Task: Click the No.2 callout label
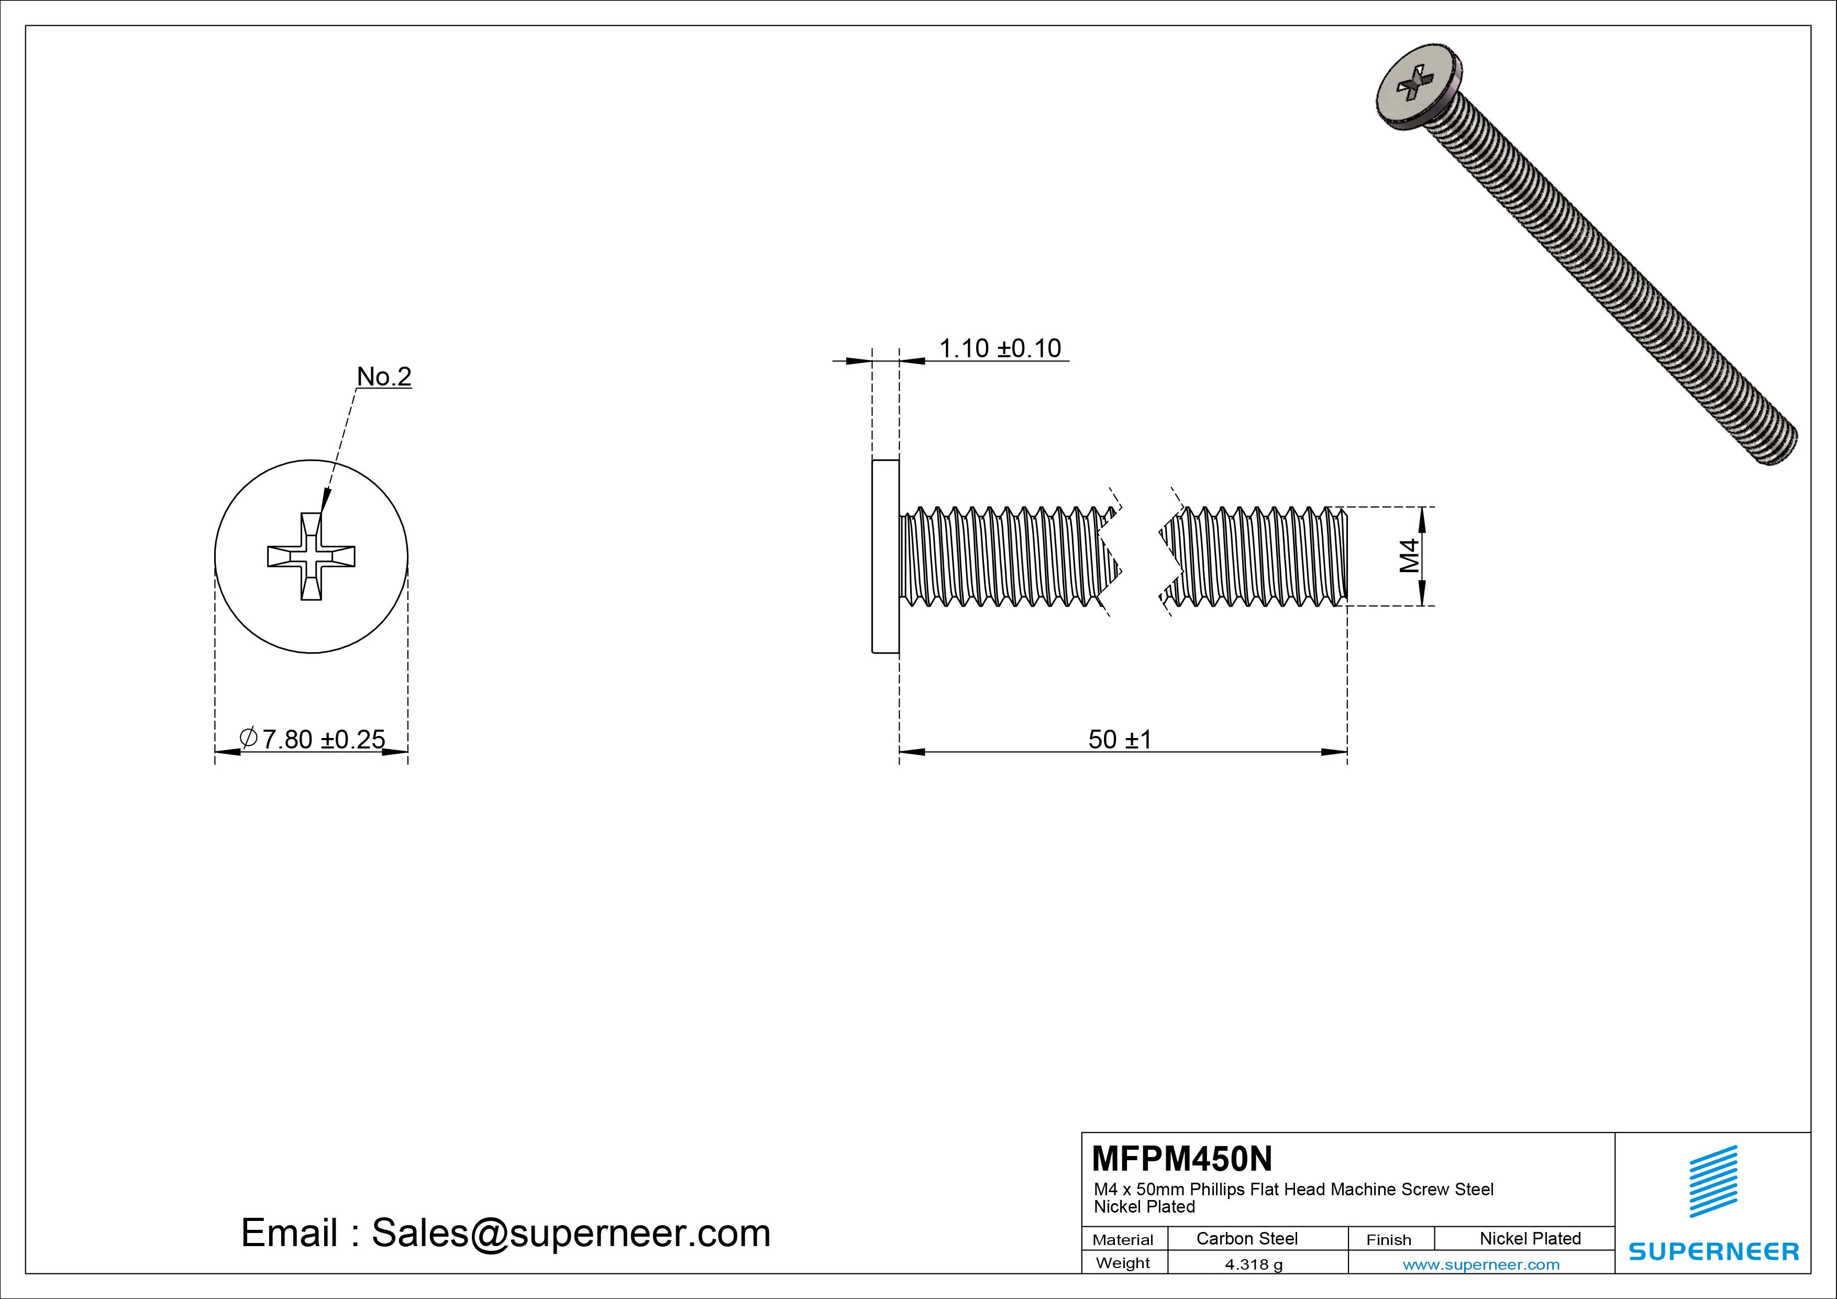click(x=384, y=376)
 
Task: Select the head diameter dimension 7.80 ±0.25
click(x=323, y=739)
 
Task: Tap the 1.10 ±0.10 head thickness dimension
click(x=999, y=349)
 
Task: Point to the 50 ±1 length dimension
click(x=1119, y=739)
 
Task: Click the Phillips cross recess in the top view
click(x=311, y=556)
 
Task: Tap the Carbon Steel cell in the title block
click(x=1246, y=1238)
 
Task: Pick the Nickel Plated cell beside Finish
click(x=1530, y=1238)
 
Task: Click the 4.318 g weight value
click(x=1254, y=1264)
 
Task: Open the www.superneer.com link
click(x=1481, y=1264)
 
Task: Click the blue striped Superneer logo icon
click(x=1713, y=1181)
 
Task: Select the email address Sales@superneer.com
click(x=570, y=1232)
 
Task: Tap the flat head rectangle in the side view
click(x=885, y=556)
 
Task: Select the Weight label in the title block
click(x=1123, y=1263)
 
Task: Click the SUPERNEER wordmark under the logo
click(x=1713, y=1251)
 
